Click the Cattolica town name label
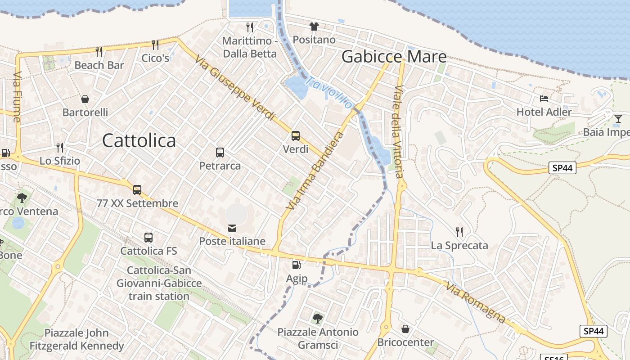[139, 141]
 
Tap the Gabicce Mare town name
[394, 57]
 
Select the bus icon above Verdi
[296, 135]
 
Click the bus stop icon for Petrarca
[220, 152]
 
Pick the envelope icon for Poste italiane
[232, 228]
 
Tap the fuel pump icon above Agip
[296, 265]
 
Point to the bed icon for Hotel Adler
[544, 98]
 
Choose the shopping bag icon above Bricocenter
[405, 329]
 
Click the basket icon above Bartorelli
[85, 99]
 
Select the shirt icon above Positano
[314, 27]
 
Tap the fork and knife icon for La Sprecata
[459, 232]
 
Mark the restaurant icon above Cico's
[155, 45]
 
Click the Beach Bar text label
[99, 65]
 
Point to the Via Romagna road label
[476, 302]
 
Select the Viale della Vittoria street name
[398, 131]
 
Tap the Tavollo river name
[329, 92]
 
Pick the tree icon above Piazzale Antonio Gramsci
[318, 319]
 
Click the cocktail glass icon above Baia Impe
[618, 118]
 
